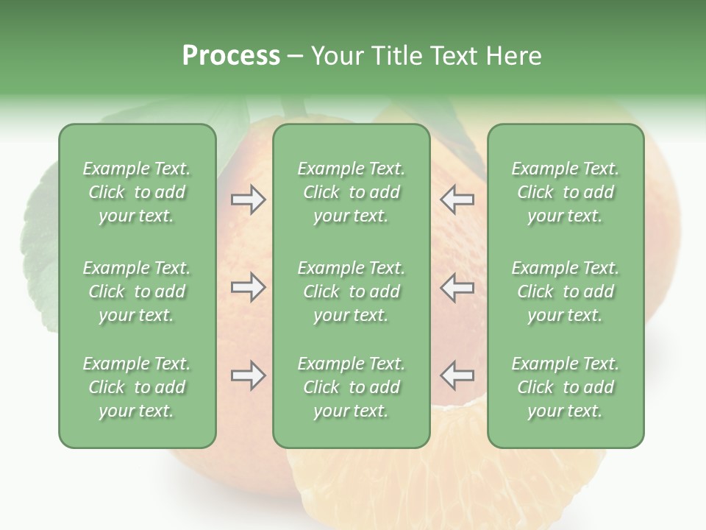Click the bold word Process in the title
231,56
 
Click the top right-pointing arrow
248,199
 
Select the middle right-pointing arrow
248,287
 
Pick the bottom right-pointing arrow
248,375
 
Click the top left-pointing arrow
457,199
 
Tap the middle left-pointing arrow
457,287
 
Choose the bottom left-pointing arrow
457,375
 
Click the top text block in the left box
137,192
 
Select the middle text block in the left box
137,291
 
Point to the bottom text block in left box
137,387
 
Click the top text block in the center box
351,192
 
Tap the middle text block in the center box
351,291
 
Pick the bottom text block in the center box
351,387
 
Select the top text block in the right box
565,192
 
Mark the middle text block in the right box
565,291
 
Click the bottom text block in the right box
565,387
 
